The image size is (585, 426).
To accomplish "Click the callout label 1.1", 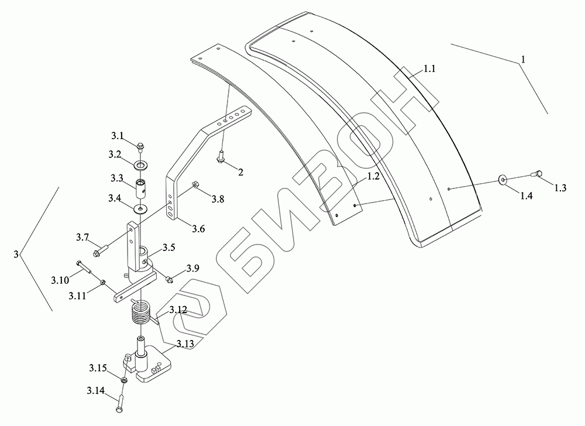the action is click(429, 68).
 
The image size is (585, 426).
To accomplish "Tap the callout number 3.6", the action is click(198, 228).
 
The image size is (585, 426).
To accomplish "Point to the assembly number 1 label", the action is click(523, 59).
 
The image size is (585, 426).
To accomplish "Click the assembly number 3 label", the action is click(16, 255).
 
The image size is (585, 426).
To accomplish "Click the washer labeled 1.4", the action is click(503, 180).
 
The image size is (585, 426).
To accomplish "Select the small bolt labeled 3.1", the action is click(140, 147).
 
